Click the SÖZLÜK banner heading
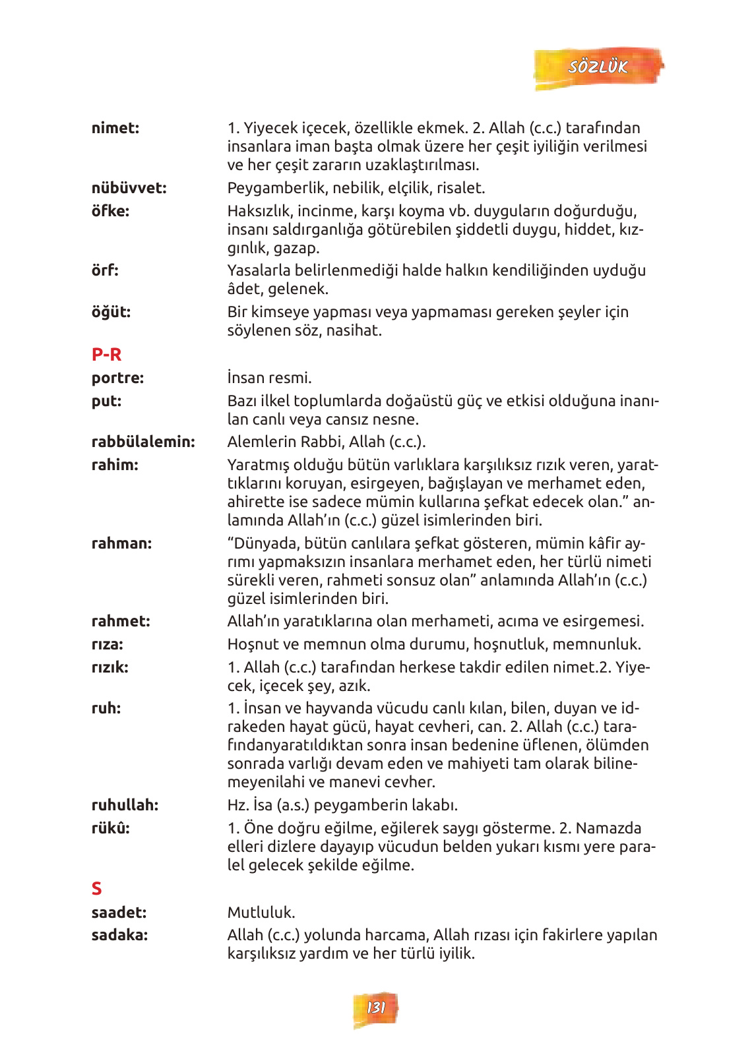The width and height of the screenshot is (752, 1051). [598, 67]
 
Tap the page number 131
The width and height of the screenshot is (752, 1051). [375, 1007]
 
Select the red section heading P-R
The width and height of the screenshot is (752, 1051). [106, 355]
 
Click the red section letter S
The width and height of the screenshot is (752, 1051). [97, 889]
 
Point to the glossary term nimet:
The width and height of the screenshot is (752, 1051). [115, 128]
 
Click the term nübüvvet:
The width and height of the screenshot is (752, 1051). [129, 188]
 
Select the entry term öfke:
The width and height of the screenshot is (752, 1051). [110, 211]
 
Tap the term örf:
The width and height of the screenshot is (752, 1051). [105, 270]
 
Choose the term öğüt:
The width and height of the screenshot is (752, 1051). [111, 312]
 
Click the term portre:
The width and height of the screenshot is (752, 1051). [117, 378]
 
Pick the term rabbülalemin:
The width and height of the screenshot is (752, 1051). [143, 442]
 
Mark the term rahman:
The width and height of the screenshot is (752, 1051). [121, 543]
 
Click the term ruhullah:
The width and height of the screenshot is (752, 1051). [125, 805]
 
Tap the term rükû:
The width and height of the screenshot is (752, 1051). [110, 828]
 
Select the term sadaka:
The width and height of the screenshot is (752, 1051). [119, 935]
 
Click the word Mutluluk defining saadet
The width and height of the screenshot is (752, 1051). [261, 913]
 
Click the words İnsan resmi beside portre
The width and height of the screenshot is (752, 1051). [269, 378]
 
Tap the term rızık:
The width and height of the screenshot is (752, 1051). [110, 667]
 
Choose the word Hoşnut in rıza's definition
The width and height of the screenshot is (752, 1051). [249, 644]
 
